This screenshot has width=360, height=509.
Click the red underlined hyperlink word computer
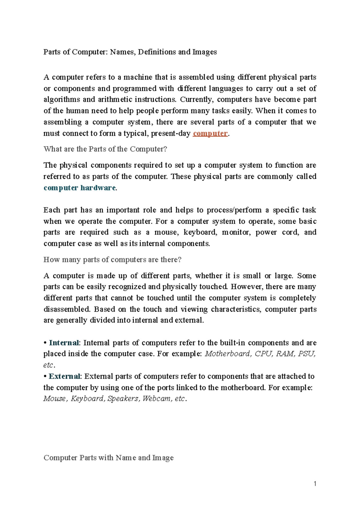(210, 133)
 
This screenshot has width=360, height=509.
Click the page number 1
(315, 484)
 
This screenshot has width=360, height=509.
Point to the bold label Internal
(64, 343)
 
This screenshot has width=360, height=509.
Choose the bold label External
(64, 376)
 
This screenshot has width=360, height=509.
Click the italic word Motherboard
(227, 354)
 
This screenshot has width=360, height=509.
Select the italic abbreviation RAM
(285, 354)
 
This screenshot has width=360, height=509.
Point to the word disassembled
(67, 309)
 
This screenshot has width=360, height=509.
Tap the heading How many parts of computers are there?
(112, 260)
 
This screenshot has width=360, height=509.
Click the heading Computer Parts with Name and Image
(109, 458)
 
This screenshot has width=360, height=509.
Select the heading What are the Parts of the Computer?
(105, 149)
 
